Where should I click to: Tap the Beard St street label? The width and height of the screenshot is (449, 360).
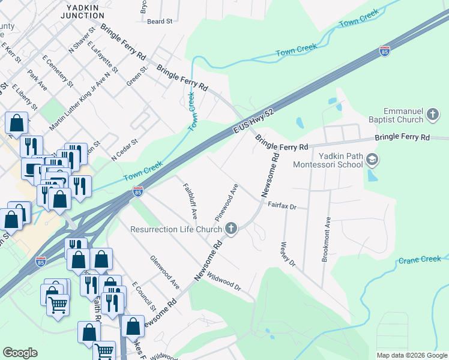(x=160, y=21)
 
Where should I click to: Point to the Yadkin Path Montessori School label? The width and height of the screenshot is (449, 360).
(x=328, y=160)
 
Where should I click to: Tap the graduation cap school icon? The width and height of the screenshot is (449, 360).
(x=372, y=160)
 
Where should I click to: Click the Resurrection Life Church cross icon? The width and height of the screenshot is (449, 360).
(x=232, y=229)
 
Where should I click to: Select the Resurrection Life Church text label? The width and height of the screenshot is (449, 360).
(x=176, y=229)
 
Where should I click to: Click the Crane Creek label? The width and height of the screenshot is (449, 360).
(x=420, y=260)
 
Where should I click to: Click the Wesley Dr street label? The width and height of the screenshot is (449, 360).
(x=288, y=254)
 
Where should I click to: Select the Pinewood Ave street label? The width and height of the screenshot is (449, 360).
(x=228, y=201)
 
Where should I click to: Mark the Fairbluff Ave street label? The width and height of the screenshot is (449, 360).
(x=190, y=200)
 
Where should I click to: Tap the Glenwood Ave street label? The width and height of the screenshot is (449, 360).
(x=164, y=272)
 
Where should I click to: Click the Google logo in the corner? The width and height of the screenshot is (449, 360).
(x=20, y=353)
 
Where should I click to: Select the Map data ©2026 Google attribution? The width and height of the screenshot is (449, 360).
(x=411, y=355)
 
